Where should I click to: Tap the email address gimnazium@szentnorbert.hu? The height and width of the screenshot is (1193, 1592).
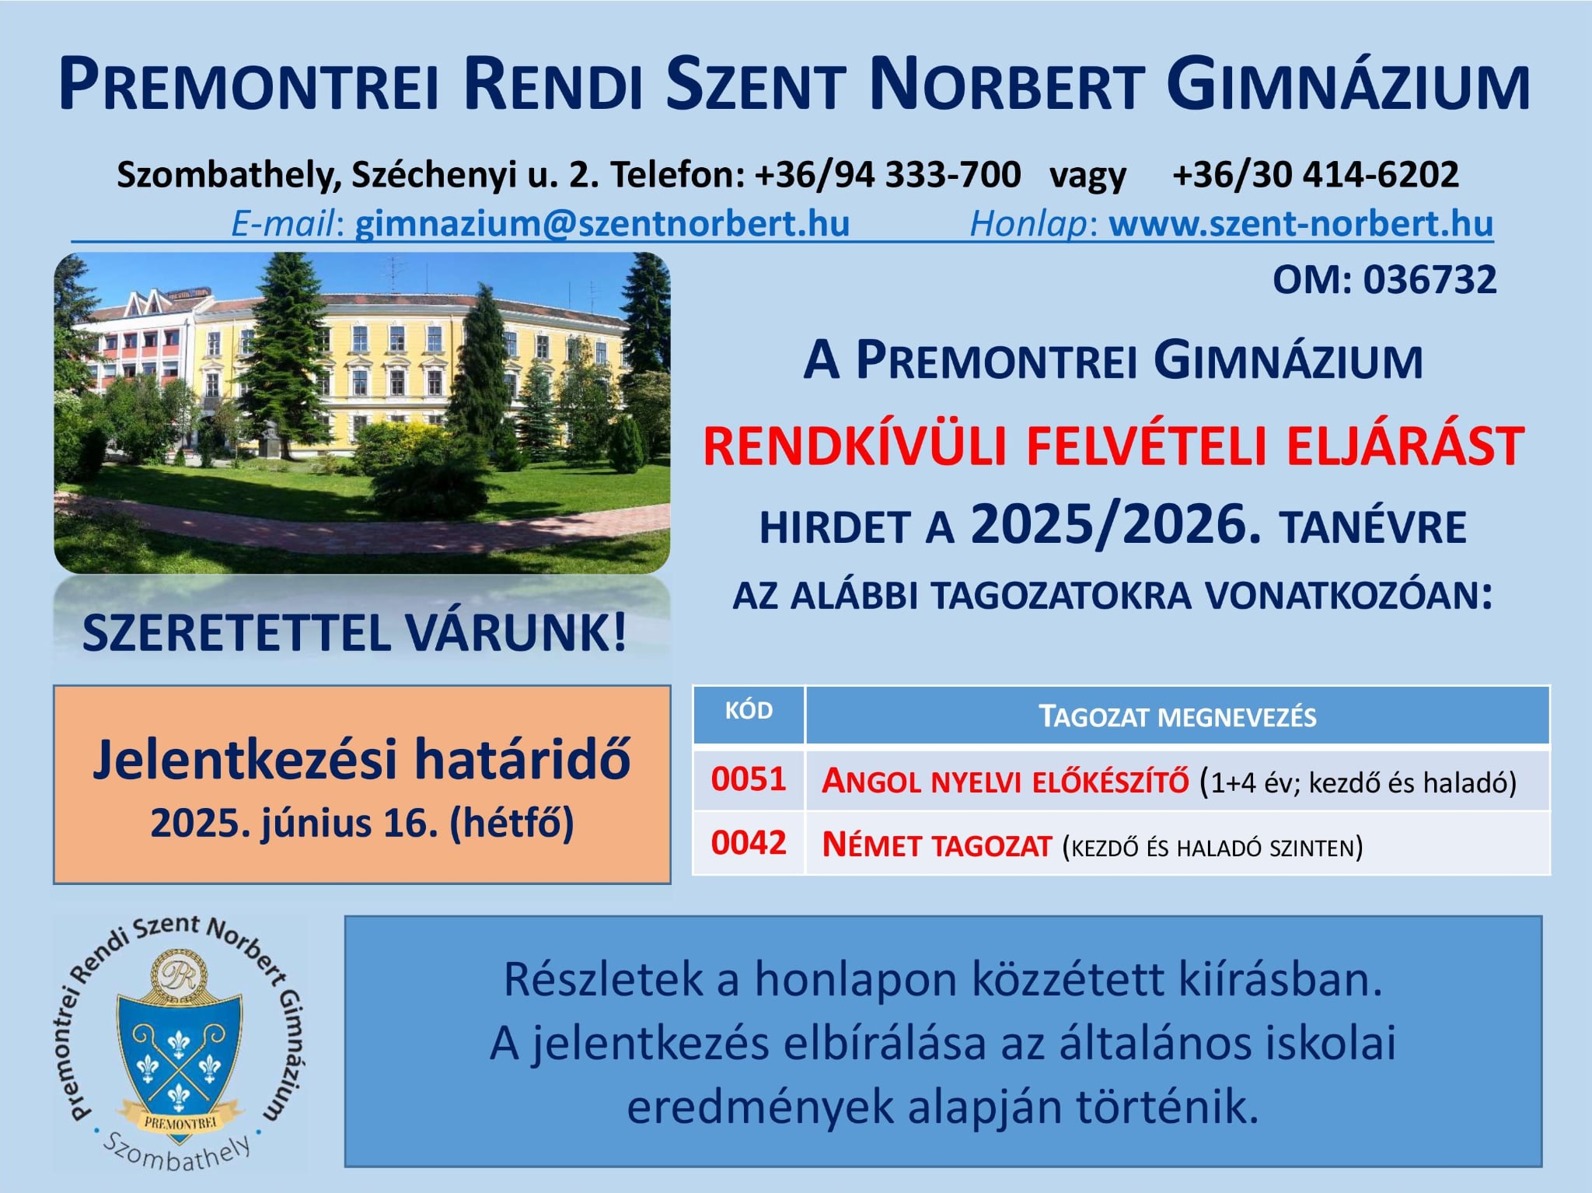coord(602,224)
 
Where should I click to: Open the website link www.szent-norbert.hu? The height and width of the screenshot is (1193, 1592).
coord(1301,224)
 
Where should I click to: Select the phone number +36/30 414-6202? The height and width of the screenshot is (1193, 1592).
coord(1315,174)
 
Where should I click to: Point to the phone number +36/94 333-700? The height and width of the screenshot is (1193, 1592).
coord(887,174)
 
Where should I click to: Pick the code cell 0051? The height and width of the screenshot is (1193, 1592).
coord(749,779)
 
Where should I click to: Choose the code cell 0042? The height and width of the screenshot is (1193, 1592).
coord(749,843)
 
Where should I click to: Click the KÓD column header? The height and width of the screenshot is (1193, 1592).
coord(749,711)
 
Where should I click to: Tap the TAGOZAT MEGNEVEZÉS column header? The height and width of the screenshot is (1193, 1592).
coord(1178,716)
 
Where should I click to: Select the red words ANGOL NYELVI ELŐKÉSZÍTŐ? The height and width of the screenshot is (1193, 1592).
coord(1005,781)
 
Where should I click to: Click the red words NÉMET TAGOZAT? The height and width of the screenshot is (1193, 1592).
coord(937,845)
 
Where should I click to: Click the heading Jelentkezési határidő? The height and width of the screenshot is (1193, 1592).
coord(361,759)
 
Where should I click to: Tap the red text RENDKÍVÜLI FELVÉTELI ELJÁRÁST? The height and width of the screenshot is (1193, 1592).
coord(1113,447)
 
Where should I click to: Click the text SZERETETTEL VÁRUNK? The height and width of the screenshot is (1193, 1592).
coord(354,633)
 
